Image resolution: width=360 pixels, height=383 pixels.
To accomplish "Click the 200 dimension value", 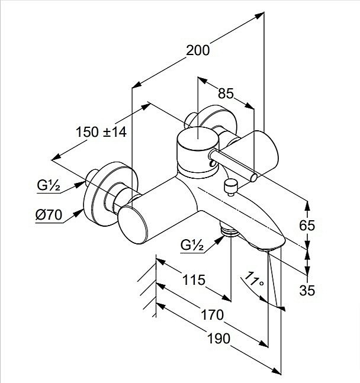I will coord(197,51).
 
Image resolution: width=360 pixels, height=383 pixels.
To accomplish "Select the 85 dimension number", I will coord(225,94).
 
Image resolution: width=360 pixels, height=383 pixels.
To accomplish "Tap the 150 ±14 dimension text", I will coord(101,132).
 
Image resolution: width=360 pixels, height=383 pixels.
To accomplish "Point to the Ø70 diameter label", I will coord(49,216).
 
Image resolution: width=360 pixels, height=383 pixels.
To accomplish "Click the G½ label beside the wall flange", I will coord(49,185).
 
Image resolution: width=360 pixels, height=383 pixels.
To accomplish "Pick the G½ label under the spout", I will coord(192,244).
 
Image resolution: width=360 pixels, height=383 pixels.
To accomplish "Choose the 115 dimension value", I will coord(193,279).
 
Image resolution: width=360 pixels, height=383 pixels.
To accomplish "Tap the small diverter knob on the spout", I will coord(230,188).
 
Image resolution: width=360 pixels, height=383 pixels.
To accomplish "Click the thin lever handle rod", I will coord(234,165).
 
